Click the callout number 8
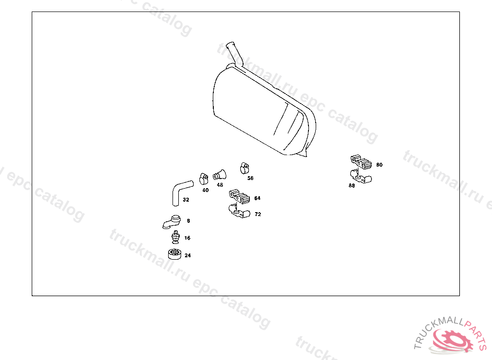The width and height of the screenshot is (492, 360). click(x=188, y=221)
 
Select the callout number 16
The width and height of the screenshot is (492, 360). click(x=187, y=238)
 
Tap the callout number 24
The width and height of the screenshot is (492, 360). click(x=188, y=255)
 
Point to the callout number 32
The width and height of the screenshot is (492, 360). click(x=186, y=200)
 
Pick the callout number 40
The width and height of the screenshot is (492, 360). click(x=206, y=191)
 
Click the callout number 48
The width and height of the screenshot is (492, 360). click(x=220, y=185)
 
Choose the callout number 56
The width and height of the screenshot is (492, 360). click(x=250, y=178)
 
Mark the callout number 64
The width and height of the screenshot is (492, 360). click(x=258, y=198)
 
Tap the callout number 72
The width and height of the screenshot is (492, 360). click(x=258, y=214)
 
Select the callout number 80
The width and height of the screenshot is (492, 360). click(x=380, y=165)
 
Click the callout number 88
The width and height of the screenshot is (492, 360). click(x=352, y=186)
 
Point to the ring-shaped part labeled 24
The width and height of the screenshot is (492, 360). click(x=175, y=254)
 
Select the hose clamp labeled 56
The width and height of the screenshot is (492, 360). click(x=245, y=168)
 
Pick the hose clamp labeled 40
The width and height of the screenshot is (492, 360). click(x=204, y=179)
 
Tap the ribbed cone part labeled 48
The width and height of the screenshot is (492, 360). click(x=220, y=175)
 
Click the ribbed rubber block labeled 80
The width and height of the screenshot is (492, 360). click(x=361, y=161)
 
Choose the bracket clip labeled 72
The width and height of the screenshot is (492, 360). click(x=239, y=211)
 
